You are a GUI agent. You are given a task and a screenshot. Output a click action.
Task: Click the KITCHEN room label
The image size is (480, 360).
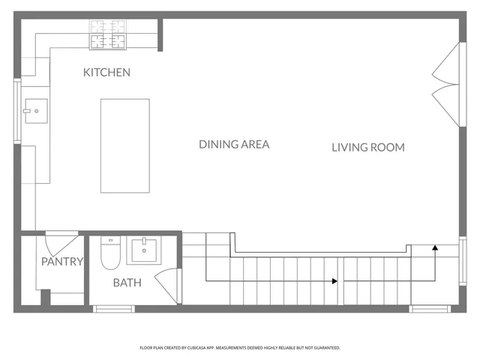pyautogui.click(x=106, y=73)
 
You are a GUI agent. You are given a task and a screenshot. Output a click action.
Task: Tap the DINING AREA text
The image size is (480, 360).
pyautogui.click(x=233, y=144)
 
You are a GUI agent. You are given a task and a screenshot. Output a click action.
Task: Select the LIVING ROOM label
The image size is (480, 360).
pyautogui.click(x=367, y=148)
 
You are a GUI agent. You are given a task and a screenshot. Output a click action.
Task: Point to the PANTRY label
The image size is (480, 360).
pyautogui.click(x=61, y=262)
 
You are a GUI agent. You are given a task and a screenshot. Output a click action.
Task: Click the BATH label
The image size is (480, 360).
pyautogui.click(x=127, y=283)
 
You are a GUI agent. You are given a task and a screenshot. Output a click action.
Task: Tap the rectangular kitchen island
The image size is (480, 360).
pyautogui.click(x=124, y=145)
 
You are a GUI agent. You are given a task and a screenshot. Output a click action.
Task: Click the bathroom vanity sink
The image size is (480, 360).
pyautogui.click(x=144, y=250)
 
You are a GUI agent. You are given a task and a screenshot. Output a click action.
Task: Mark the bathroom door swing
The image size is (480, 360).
pyautogui.click(x=166, y=285)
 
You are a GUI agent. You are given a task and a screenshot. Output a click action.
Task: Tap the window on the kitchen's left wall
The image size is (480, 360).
pyautogui.click(x=16, y=111)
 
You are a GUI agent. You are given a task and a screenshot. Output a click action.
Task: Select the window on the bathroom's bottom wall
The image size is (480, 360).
pyautogui.click(x=114, y=307)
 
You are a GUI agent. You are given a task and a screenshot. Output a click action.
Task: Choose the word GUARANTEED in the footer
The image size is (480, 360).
pyautogui.click(x=325, y=348)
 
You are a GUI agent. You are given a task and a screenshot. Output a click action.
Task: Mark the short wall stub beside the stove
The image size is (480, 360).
pyautogui.click(x=160, y=34)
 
